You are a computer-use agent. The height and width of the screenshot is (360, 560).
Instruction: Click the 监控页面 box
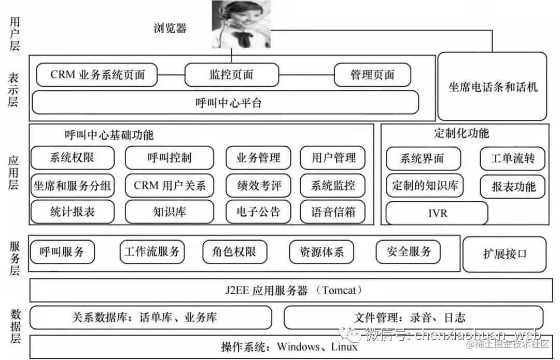pos(231,75)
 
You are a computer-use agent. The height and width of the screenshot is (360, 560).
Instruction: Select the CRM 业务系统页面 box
pos(97,75)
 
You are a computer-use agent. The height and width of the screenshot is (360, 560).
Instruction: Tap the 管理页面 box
pos(372,75)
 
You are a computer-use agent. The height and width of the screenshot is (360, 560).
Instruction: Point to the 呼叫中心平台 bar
pos(225,103)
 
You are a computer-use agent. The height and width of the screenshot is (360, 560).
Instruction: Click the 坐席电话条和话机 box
pos(493,87)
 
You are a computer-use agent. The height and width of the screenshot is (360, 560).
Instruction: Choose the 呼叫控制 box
pos(169,158)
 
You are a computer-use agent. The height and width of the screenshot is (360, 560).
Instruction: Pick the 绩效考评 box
pos(258,185)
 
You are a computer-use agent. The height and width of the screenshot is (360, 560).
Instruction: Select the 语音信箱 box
pos(332,212)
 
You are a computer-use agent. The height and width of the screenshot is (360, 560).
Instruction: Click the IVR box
pos(437,213)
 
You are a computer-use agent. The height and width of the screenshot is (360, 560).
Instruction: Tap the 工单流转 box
pos(512,158)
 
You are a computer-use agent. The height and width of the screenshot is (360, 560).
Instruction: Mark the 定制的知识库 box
pos(425,185)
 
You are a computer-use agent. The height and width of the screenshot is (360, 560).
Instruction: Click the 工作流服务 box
pos(152,252)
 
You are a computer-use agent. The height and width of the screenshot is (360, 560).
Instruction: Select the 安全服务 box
pos(409,252)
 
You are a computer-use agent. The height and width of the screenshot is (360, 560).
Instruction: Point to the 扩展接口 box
pos(504,254)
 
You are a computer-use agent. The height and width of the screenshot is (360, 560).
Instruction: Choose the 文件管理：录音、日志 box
pos(413,317)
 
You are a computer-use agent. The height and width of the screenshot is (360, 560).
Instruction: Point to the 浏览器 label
pos(170,28)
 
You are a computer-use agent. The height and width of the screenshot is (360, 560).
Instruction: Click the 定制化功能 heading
pos(461,133)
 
